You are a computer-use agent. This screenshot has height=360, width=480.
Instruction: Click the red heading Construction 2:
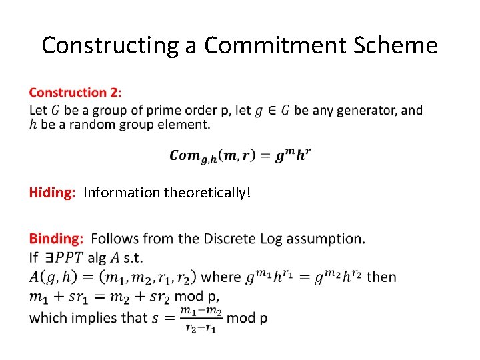pos(75,93)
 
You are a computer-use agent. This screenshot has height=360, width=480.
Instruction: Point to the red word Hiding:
pos(52,193)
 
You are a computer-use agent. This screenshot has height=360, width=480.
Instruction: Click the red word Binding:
pos(57,239)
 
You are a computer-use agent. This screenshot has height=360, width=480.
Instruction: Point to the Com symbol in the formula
pos(185,155)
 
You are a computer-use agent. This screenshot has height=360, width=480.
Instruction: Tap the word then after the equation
pos(381,276)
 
